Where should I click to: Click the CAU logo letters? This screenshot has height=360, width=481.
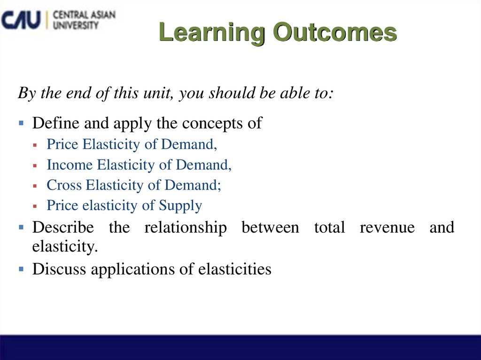coord(21,20)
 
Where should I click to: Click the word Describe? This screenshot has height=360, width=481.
coord(63,228)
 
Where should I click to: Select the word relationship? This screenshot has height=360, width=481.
coord(186,228)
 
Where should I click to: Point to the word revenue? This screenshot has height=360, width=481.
coord(387,228)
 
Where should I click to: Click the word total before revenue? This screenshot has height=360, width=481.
coord(329,228)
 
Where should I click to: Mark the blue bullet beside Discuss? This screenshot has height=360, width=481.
coord(21,269)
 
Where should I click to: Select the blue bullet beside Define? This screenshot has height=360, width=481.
coord(21,123)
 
